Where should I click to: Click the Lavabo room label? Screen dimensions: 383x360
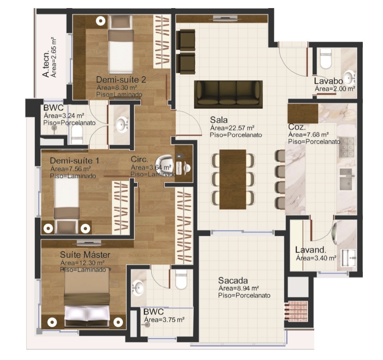(328, 81)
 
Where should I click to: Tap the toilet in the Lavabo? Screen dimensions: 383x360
(326, 59)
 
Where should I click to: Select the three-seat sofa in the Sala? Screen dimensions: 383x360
(229, 94)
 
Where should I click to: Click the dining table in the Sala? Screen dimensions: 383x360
(233, 179)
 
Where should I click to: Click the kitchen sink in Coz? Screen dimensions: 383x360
(347, 179)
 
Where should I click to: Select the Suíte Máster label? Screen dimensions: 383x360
(85, 255)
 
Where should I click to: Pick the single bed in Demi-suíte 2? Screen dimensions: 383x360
(121, 44)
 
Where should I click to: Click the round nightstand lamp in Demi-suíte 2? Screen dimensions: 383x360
(100, 21)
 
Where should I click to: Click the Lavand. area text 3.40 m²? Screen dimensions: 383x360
(316, 258)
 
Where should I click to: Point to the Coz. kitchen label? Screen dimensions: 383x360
(297, 127)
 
